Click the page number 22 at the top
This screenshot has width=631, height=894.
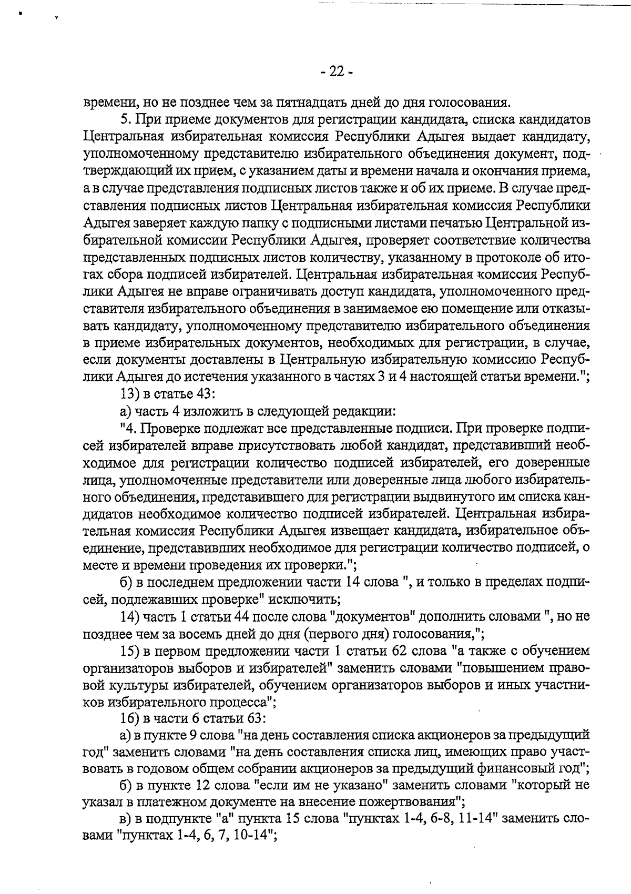[x=337, y=71]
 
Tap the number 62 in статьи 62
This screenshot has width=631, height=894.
[x=398, y=651]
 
